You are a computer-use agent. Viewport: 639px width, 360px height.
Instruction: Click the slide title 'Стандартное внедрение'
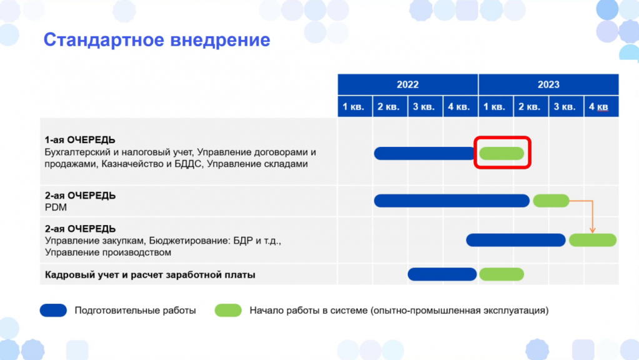click(157, 40)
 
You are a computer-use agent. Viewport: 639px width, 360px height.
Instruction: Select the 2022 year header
click(407, 84)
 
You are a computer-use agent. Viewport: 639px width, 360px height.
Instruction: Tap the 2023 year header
click(548, 84)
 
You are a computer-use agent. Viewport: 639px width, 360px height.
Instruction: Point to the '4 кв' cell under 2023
click(602, 106)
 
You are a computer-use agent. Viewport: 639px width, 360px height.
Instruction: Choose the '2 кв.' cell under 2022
click(390, 106)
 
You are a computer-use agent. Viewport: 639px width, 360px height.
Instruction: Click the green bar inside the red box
click(502, 153)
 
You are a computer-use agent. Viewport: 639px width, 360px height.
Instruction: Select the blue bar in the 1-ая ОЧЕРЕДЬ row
click(424, 153)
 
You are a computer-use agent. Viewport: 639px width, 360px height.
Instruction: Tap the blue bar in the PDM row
click(452, 201)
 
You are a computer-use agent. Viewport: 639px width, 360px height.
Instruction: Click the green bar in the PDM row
click(551, 201)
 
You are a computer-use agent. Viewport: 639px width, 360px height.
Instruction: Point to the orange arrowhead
click(593, 231)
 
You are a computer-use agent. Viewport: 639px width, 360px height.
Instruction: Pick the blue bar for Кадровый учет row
click(442, 274)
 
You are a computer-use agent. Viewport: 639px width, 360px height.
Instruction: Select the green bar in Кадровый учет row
click(502, 274)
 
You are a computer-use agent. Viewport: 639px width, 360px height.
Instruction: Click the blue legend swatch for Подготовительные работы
click(53, 310)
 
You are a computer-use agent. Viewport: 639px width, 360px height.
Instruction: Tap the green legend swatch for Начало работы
click(228, 310)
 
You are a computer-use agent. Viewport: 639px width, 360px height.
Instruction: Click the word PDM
click(56, 207)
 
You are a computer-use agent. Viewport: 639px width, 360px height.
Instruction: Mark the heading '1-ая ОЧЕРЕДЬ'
click(80, 140)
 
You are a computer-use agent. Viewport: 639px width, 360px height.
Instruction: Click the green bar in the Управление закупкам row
click(593, 240)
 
